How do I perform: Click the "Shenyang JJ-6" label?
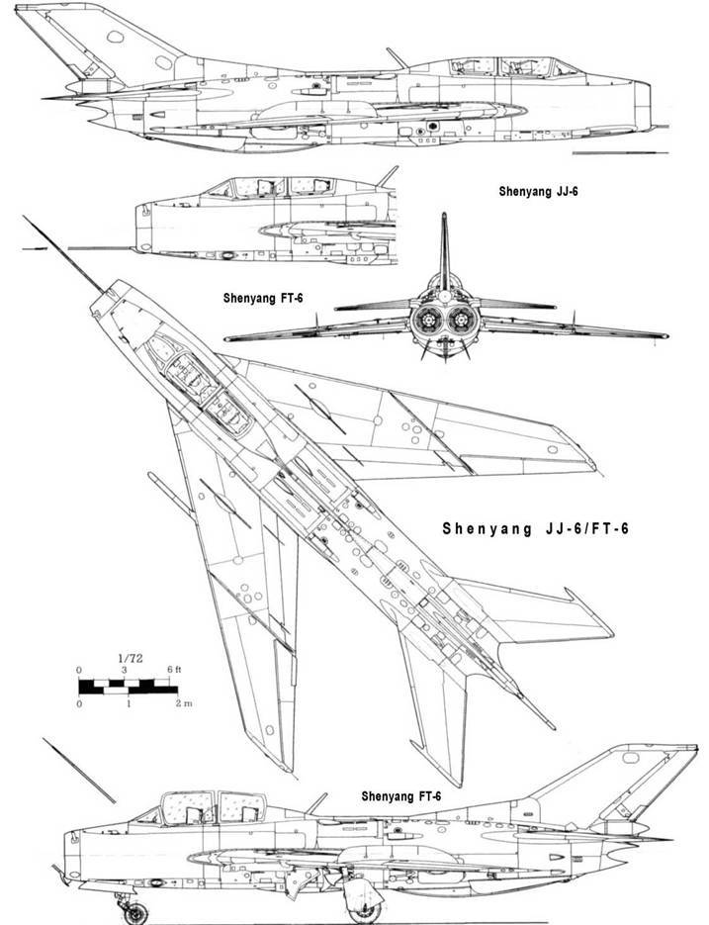[538, 192]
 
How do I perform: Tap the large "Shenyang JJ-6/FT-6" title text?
[536, 528]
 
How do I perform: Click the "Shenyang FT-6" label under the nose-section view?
[263, 299]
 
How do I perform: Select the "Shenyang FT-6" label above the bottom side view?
[401, 796]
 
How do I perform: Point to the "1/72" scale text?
[130, 659]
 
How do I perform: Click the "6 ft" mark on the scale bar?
[174, 670]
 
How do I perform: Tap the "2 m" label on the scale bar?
[184, 703]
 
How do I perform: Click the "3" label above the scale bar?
[125, 670]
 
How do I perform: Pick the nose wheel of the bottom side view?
[136, 913]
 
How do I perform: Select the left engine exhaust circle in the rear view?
[426, 320]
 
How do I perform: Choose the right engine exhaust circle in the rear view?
[460, 320]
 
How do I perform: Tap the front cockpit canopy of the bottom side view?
[188, 808]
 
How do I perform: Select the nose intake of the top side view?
[643, 104]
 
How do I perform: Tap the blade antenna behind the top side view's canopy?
[397, 58]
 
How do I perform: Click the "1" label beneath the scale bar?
[128, 703]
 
